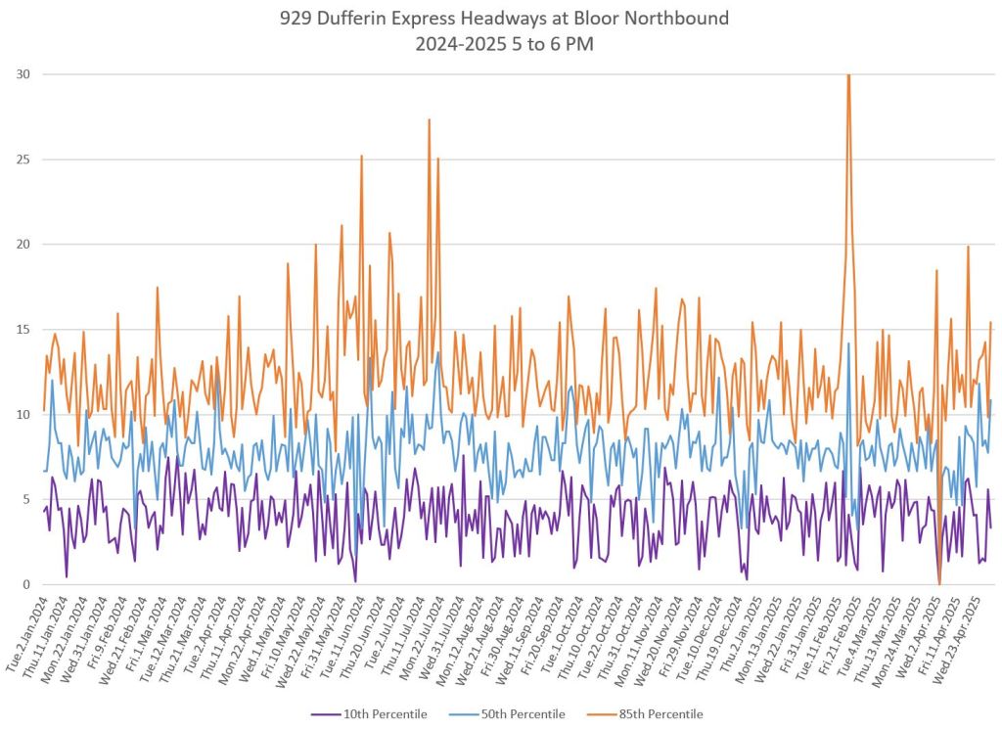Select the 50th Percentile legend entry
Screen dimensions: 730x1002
pyautogui.click(x=521, y=715)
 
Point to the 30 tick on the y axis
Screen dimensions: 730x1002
pyautogui.click(x=23, y=74)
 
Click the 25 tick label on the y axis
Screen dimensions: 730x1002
pyautogui.click(x=23, y=160)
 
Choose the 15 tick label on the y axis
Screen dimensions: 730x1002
pyautogui.click(x=23, y=330)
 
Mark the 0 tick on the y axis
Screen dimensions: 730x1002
pyautogui.click(x=25, y=584)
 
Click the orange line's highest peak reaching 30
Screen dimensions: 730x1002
pyautogui.click(x=848, y=75)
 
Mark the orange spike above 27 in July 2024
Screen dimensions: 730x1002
pyautogui.click(x=429, y=120)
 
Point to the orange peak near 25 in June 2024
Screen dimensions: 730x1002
pyautogui.click(x=361, y=157)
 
